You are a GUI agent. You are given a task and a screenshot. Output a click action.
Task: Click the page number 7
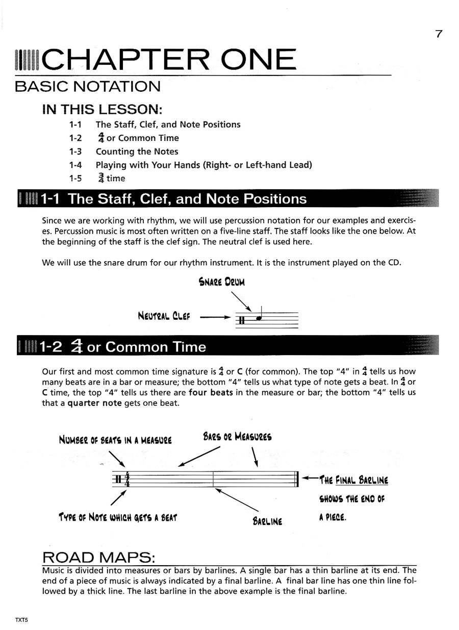(x=438, y=34)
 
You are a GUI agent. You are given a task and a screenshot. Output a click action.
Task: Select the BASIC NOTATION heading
(x=88, y=87)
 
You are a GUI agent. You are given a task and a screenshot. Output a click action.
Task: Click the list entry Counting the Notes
(x=137, y=152)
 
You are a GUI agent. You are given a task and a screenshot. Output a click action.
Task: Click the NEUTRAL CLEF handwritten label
(x=164, y=316)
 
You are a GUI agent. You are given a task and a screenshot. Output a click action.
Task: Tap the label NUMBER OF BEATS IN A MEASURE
(x=115, y=440)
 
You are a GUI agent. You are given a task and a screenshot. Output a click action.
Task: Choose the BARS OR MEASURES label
(x=237, y=437)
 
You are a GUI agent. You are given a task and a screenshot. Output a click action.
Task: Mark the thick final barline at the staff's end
(x=297, y=479)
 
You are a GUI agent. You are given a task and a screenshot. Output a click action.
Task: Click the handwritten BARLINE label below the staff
(x=267, y=521)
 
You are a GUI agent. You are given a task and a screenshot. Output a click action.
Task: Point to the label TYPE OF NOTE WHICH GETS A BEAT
(x=117, y=518)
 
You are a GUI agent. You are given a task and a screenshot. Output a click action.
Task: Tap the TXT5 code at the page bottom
(x=21, y=619)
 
